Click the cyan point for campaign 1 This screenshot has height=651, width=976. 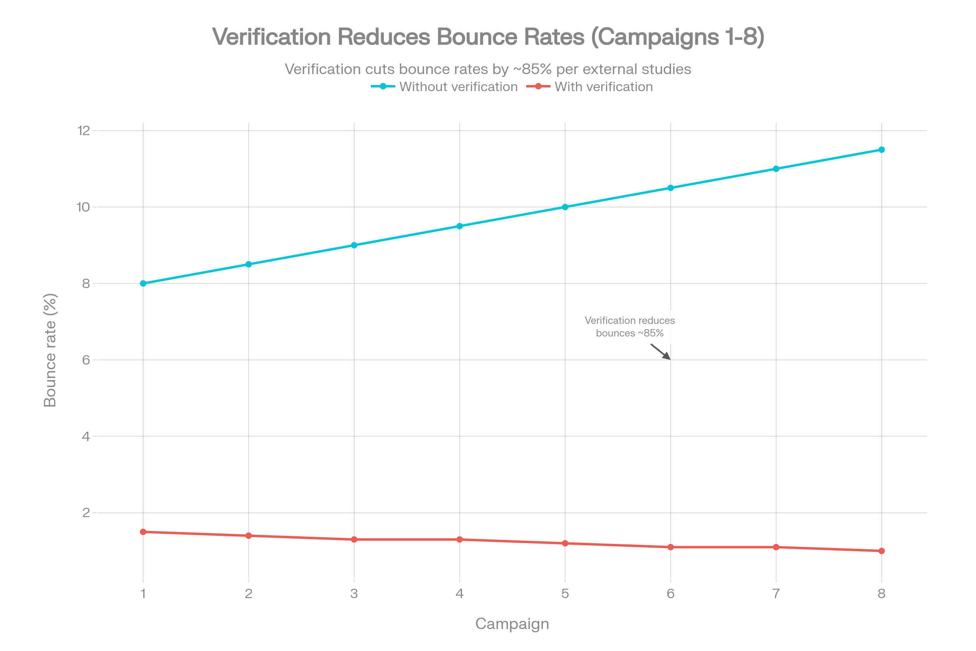click(143, 284)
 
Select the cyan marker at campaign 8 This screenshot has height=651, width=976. click(882, 150)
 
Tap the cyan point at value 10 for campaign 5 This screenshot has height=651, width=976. click(565, 207)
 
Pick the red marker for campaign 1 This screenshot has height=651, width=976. click(143, 532)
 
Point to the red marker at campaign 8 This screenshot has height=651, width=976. click(882, 551)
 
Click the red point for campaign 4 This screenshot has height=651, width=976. click(460, 540)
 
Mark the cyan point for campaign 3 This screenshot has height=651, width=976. click(354, 245)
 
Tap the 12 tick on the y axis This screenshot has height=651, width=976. click(84, 131)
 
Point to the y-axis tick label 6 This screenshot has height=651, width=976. click(86, 360)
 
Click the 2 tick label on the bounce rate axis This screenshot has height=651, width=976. click(86, 513)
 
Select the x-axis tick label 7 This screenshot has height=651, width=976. click(776, 594)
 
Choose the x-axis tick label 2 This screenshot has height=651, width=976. click(248, 594)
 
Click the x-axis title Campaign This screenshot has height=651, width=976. click(512, 624)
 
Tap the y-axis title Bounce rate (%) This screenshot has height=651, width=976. click(50, 350)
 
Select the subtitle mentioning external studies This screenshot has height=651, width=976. click(488, 69)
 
